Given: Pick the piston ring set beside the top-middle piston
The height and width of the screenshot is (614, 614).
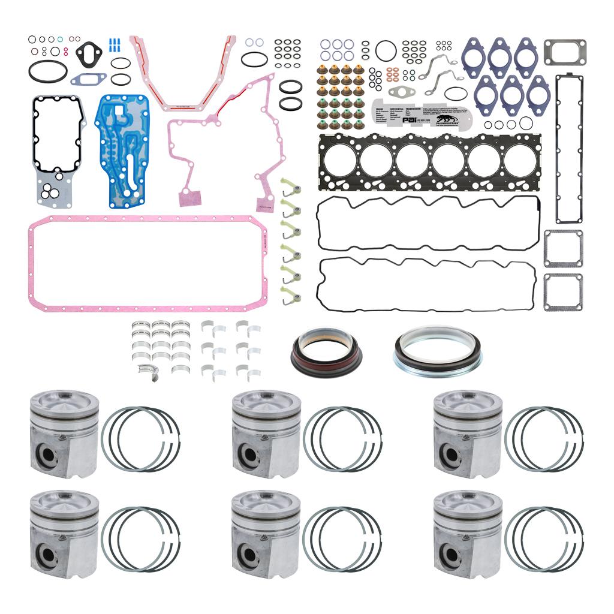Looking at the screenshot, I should (x=342, y=440).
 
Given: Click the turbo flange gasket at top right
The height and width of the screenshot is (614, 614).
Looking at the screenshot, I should (x=564, y=53).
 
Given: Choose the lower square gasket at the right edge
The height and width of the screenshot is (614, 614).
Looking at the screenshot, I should (x=562, y=292).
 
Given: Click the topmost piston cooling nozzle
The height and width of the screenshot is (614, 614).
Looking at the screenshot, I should (x=291, y=186).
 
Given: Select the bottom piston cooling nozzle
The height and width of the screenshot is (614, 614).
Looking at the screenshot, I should (x=291, y=294).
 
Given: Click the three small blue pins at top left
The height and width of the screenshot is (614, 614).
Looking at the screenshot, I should (x=116, y=45).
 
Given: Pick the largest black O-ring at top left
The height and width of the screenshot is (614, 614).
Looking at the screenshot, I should (x=48, y=72).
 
